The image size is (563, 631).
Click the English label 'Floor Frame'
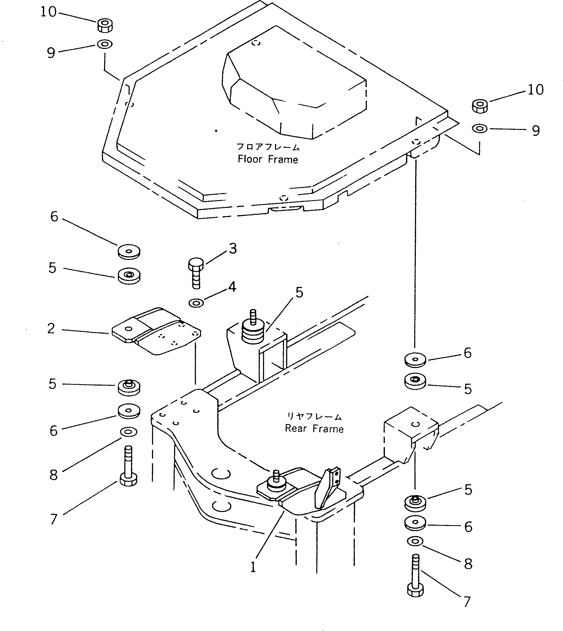pyautogui.click(x=268, y=160)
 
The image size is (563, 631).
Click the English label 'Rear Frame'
pyautogui.click(x=314, y=429)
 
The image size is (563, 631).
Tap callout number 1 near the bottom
pyautogui.click(x=253, y=567)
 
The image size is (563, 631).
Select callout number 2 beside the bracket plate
pyautogui.click(x=51, y=328)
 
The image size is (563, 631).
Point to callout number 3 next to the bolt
pyautogui.click(x=233, y=249)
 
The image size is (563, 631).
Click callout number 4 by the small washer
pyautogui.click(x=232, y=287)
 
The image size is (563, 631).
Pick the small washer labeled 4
pyautogui.click(x=196, y=303)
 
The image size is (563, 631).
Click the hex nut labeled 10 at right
pyautogui.click(x=480, y=106)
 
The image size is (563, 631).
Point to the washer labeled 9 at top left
pyautogui.click(x=105, y=44)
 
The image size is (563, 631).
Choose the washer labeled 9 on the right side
pyautogui.click(x=480, y=128)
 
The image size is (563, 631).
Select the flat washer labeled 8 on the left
pyautogui.click(x=129, y=432)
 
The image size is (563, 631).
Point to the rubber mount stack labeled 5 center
pyautogui.click(x=253, y=332)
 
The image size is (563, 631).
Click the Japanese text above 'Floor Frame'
pyautogui.click(x=268, y=147)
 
